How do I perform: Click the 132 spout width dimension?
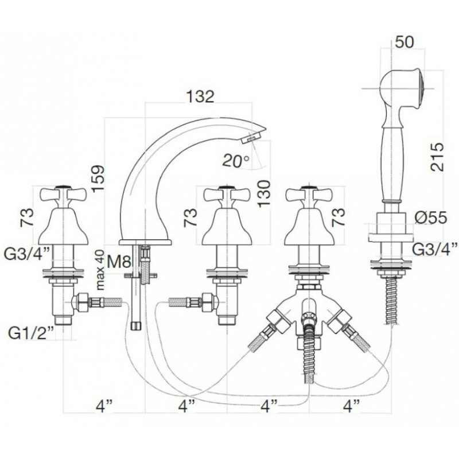coord(200,96)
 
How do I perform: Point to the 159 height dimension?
coord(98,178)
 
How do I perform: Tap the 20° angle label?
coord(236,161)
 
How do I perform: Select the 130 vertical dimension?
coord(264,194)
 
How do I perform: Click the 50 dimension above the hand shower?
coord(404,42)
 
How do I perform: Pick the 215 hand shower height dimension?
coord(437,157)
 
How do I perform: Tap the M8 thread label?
coord(119,262)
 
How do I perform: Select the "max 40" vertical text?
coord(100,270)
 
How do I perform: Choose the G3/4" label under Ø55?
coord(434,249)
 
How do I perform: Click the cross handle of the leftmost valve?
coord(63,195)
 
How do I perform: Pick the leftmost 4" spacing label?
coord(104,406)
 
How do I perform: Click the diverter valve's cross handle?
coord(309,195)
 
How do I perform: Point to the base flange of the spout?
coord(145,242)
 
